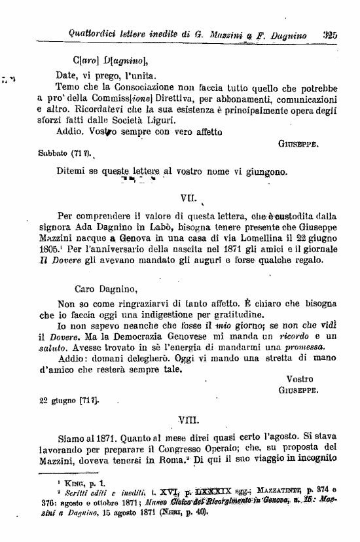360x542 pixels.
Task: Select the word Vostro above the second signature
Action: pos(300,379)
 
